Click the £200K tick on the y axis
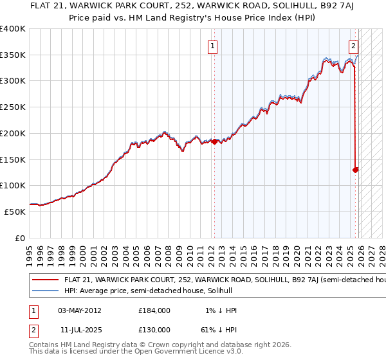[x=13, y=133]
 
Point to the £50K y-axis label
[x=14, y=212]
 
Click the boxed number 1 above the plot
[x=212, y=46]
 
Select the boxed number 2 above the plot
[x=354, y=46]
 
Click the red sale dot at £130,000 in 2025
[x=355, y=170]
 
